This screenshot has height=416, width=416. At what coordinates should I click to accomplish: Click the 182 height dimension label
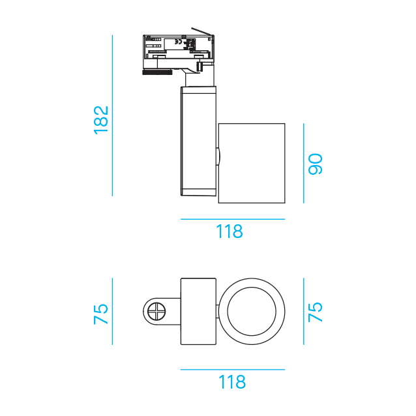(101, 120)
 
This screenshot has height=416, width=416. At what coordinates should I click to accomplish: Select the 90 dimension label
(315, 164)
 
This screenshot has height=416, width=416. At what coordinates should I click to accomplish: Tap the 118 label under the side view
(230, 231)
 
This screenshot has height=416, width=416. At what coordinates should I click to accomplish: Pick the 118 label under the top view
(232, 382)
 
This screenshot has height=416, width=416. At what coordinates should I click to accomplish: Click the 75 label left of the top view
(101, 314)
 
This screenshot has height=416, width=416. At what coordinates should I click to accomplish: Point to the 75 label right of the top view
(315, 312)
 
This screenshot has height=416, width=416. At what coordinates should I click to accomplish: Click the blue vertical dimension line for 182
(113, 115)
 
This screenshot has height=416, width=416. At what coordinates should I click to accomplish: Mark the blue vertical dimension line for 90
(304, 163)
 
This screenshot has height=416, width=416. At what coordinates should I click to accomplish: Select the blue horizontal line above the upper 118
(233, 219)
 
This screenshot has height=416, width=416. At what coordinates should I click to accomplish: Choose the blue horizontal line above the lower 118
(233, 369)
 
